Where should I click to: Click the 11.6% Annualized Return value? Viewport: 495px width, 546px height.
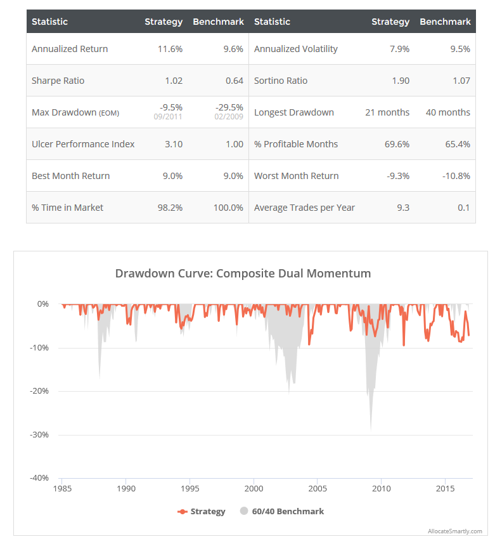170,49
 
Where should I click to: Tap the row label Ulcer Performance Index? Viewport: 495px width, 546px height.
83,144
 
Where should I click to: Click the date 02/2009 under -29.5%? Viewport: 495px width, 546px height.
230,117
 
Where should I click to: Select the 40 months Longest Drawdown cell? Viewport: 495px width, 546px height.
447,112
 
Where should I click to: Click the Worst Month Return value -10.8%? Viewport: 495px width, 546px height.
455,176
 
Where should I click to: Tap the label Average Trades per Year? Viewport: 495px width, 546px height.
304,208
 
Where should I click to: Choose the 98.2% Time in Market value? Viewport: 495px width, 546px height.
170,208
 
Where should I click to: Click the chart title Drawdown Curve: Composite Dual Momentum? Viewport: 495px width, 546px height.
243,274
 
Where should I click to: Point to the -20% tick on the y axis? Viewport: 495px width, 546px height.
39,391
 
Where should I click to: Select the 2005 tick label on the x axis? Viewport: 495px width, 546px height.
318,489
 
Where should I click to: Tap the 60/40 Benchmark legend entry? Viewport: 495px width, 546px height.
282,511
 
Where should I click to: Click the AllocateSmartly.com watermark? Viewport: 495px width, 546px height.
454,531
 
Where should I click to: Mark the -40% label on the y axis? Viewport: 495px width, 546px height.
39,478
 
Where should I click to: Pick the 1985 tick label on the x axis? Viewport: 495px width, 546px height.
62,489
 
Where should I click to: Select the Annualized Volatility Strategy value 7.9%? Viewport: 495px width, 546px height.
399,49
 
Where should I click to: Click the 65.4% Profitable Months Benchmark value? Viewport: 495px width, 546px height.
458,144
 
